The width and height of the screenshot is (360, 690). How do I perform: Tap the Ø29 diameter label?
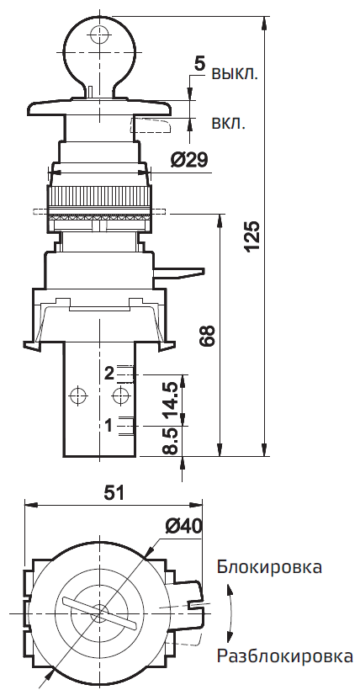[x=189, y=160]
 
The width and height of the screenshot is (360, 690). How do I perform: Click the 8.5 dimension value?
[x=171, y=442]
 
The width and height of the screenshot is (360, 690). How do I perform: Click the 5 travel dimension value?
[x=199, y=63]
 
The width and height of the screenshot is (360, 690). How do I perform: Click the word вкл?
[x=229, y=123]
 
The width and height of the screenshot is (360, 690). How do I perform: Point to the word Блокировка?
[x=269, y=566]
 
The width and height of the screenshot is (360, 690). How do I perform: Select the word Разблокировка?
[x=284, y=655]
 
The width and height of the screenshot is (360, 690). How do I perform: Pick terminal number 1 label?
[x=109, y=426]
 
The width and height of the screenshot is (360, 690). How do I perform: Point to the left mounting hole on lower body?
[x=78, y=395]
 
